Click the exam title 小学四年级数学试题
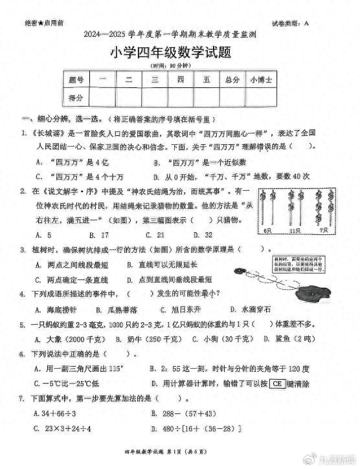[179, 54]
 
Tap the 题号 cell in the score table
[76, 80]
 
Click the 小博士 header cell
[262, 80]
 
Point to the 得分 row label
[76, 98]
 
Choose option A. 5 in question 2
[43, 235]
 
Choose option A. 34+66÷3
[58, 413]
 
